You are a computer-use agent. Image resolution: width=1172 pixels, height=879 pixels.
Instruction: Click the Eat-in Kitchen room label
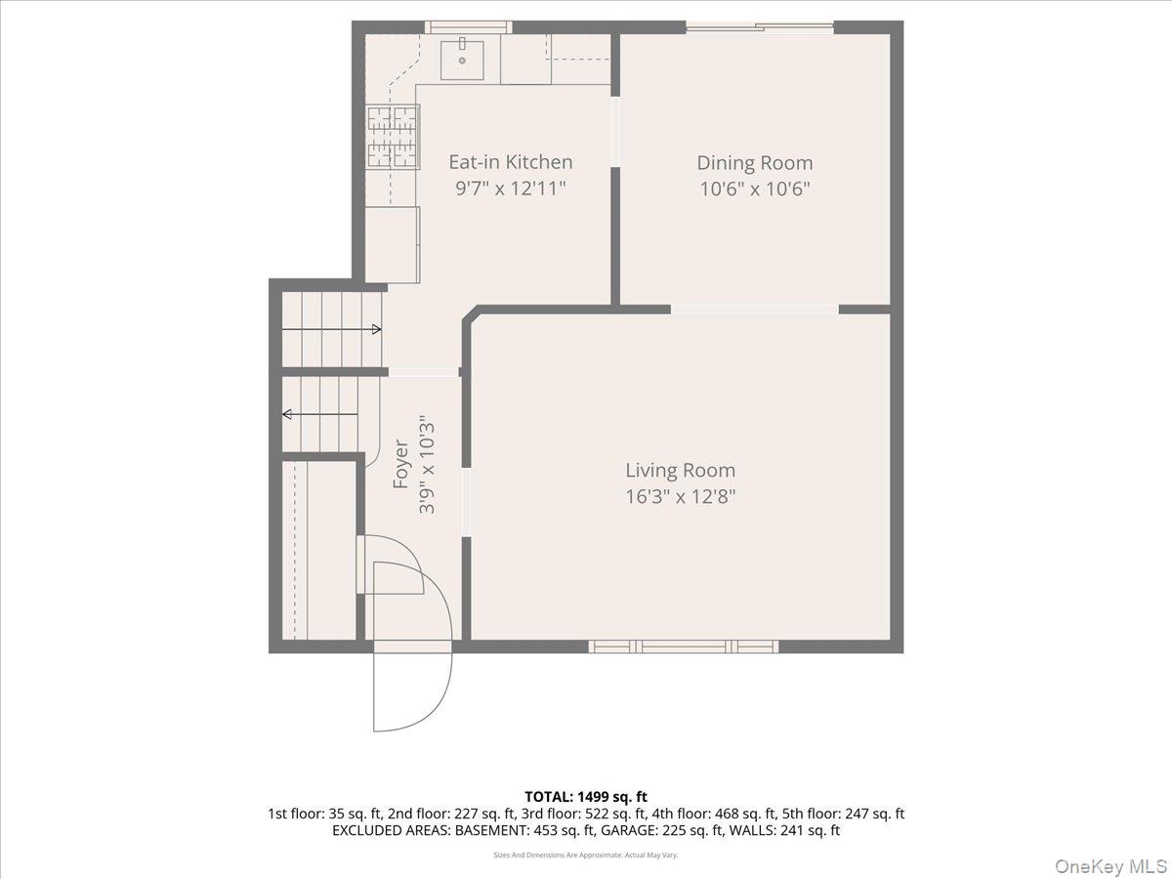click(x=511, y=162)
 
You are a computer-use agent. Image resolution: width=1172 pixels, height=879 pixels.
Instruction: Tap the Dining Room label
click(x=755, y=163)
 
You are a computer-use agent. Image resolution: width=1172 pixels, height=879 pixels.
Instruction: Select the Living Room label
click(x=680, y=470)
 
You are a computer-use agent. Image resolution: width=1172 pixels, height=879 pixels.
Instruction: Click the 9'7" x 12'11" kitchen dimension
click(x=511, y=188)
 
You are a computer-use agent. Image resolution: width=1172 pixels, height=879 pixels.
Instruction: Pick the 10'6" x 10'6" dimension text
click(x=755, y=188)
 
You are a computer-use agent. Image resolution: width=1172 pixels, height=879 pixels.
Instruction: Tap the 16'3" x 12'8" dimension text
click(x=680, y=497)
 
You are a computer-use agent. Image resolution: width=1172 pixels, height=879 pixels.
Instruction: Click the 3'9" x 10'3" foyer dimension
click(x=427, y=464)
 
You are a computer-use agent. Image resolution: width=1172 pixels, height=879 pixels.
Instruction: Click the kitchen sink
click(x=462, y=60)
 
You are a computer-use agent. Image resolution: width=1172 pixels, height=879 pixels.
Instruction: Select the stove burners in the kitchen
click(x=393, y=137)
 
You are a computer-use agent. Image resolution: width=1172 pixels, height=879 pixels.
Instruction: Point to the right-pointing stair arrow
click(x=331, y=329)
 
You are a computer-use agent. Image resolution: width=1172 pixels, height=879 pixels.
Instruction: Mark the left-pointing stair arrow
click(x=319, y=413)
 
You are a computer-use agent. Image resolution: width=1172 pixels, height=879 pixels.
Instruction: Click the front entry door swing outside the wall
click(x=412, y=691)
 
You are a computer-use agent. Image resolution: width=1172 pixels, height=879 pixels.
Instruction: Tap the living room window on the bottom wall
click(x=684, y=647)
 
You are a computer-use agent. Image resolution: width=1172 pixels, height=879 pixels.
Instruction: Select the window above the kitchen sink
click(x=468, y=26)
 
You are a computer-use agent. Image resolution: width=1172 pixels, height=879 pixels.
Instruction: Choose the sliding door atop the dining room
click(x=760, y=26)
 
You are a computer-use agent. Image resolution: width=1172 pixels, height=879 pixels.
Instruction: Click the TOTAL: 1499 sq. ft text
click(x=586, y=797)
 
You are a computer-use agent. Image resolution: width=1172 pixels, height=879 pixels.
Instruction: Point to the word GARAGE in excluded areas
click(x=630, y=830)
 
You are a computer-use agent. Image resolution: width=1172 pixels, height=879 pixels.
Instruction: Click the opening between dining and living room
click(x=754, y=310)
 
